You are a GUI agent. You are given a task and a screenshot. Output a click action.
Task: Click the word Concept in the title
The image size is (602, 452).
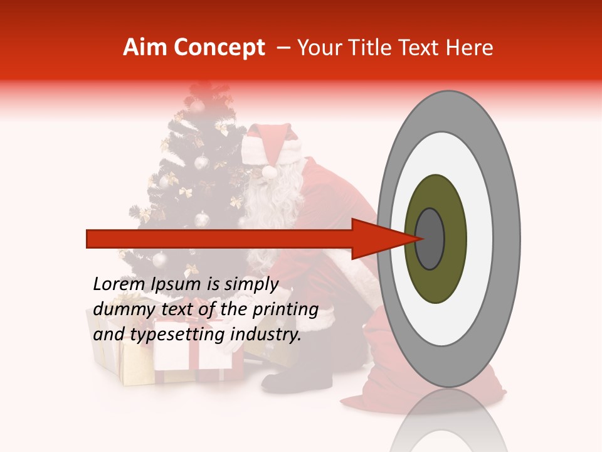219,48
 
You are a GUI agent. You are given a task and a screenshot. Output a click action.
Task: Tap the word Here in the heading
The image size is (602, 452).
470,48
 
